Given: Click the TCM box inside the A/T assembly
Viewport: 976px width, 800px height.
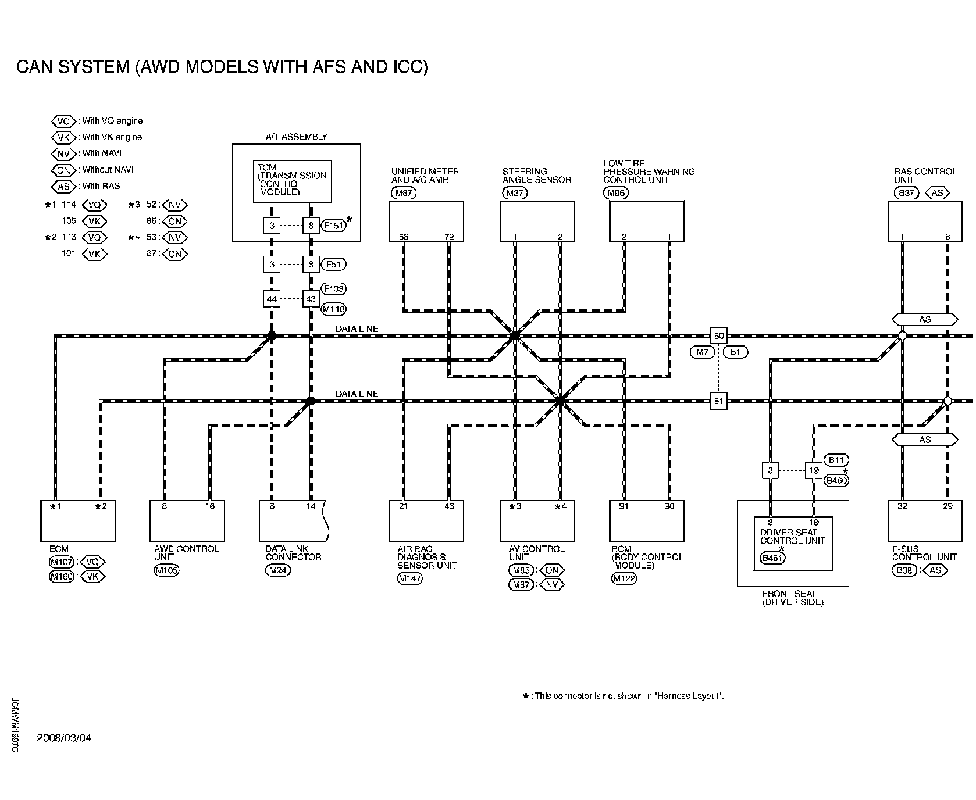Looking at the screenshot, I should click(x=292, y=181).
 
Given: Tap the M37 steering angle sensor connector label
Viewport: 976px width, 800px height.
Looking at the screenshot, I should click(x=515, y=194).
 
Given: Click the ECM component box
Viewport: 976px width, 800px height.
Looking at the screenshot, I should click(x=77, y=521).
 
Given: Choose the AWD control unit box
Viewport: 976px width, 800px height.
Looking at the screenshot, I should click(x=187, y=521).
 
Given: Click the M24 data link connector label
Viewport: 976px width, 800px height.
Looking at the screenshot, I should click(x=277, y=570).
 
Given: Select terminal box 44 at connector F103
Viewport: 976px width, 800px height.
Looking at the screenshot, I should click(x=271, y=299).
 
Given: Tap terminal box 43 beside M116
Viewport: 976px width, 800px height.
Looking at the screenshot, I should click(x=311, y=299).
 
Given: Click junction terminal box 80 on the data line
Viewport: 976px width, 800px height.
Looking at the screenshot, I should click(x=719, y=336).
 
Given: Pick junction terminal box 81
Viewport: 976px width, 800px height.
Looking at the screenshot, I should click(x=719, y=401).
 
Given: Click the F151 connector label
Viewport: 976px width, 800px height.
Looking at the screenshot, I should click(x=334, y=225).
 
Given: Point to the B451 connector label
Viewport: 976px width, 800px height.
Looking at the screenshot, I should click(x=772, y=559).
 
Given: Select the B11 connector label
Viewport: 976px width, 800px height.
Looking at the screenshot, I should click(x=836, y=460).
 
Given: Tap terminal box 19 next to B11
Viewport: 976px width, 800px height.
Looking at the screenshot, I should click(x=813, y=470).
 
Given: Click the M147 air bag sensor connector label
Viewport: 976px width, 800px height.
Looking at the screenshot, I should click(x=409, y=578).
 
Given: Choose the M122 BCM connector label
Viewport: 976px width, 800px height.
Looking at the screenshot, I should click(x=624, y=578).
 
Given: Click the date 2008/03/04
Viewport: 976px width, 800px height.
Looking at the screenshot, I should click(x=64, y=738).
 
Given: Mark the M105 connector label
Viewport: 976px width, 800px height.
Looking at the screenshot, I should click(x=166, y=570).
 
